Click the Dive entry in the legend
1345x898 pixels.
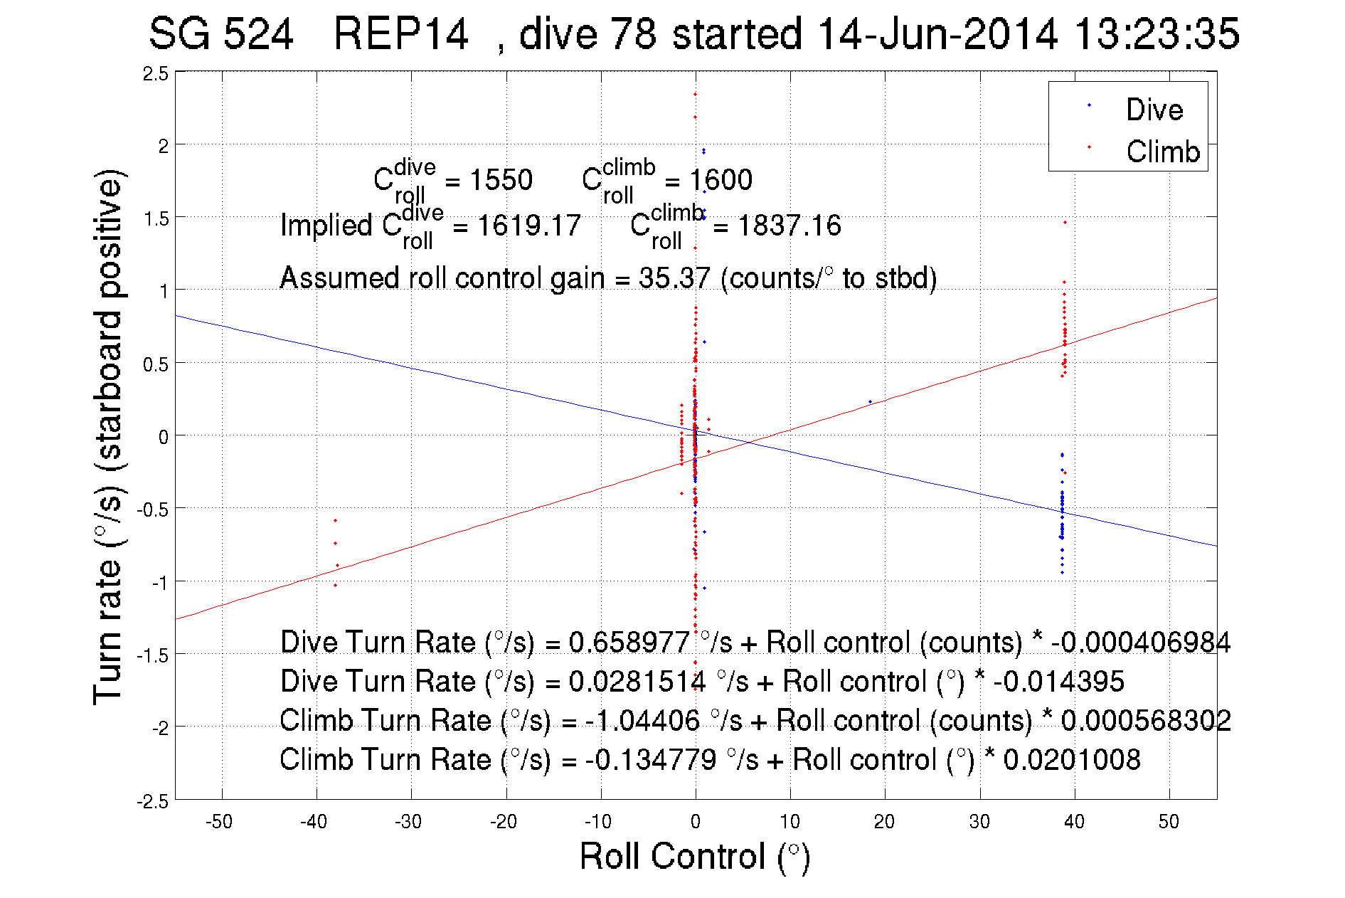(x=1154, y=110)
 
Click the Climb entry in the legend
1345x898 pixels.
(x=1162, y=152)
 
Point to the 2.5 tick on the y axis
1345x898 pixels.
(x=156, y=74)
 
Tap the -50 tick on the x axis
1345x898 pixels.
(x=219, y=822)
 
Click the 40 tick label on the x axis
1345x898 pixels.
(x=1074, y=822)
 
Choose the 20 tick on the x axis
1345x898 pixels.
(x=884, y=822)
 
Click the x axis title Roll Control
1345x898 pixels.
(x=694, y=856)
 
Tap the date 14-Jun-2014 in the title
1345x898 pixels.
(x=937, y=33)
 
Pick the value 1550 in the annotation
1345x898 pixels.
(x=501, y=180)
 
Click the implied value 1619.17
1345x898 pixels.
(x=528, y=226)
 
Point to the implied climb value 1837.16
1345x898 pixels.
(x=789, y=226)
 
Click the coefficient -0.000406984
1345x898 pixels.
(x=1140, y=643)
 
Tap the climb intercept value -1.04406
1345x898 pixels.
(x=642, y=721)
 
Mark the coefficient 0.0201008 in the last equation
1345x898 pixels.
(x=1071, y=760)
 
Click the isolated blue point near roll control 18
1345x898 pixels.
(x=870, y=401)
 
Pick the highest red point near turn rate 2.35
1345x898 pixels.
(x=695, y=94)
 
